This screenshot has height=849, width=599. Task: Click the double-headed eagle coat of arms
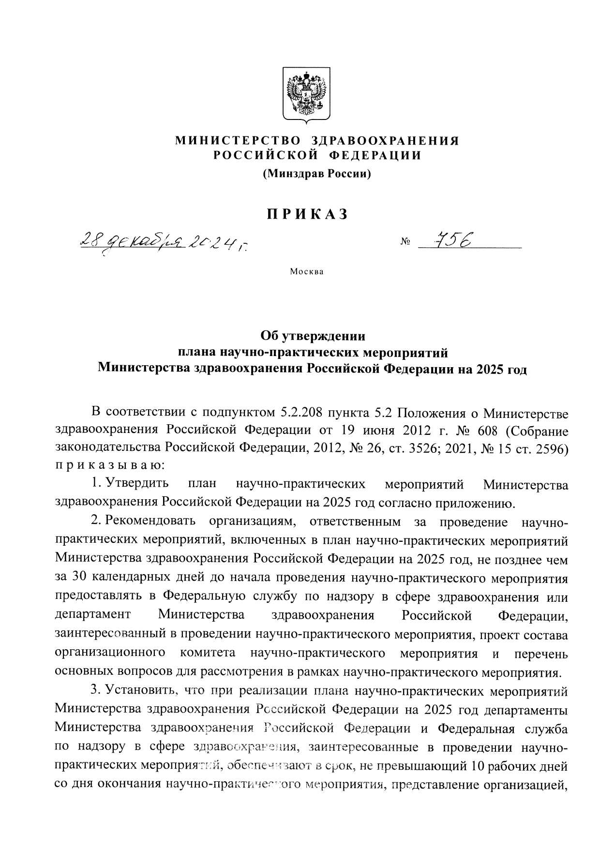(x=306, y=93)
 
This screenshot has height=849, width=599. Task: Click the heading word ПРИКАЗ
(x=306, y=214)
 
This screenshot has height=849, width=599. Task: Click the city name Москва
(x=306, y=271)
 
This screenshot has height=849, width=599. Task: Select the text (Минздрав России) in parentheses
(x=316, y=173)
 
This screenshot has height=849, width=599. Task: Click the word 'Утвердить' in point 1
(x=137, y=484)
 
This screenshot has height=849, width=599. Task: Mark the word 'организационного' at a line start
(x=110, y=653)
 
